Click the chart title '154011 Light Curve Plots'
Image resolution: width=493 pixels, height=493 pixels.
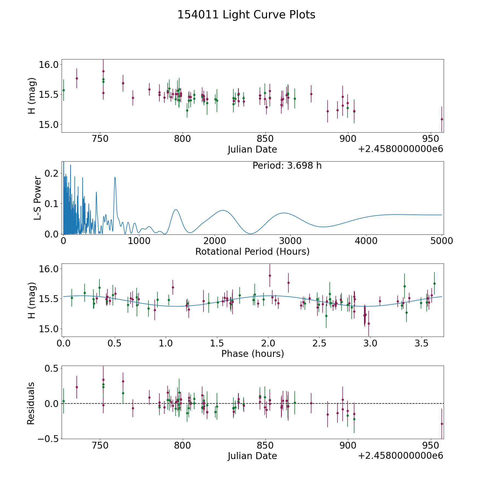coord(246,15)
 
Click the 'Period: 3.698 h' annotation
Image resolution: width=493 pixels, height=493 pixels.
coord(287,166)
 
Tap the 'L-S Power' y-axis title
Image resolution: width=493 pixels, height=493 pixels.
coord(38,198)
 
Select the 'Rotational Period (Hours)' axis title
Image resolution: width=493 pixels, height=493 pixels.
coord(252,251)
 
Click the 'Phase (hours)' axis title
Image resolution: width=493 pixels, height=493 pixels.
coord(252,354)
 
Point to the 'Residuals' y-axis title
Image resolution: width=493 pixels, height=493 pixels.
coord(31,403)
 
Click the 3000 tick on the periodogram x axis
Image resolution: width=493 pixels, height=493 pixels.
coord(290,241)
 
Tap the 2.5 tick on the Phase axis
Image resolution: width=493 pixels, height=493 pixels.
coord(319,343)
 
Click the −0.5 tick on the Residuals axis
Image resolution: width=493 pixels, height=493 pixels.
coord(48,439)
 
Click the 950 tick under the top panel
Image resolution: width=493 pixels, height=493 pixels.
coord(431,139)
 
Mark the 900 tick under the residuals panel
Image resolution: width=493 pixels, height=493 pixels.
coord(348,445)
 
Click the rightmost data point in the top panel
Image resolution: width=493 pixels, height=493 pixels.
coord(442,119)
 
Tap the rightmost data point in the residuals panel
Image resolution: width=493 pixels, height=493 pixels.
coord(442,424)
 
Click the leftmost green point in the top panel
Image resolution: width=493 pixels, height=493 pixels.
coord(64,90)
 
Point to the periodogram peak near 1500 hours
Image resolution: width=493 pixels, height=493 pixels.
coord(176,210)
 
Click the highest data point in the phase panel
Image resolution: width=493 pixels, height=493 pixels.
coord(270,276)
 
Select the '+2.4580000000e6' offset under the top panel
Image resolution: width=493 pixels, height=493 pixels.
coord(400,149)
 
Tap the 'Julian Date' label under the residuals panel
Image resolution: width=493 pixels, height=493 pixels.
coord(252,456)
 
